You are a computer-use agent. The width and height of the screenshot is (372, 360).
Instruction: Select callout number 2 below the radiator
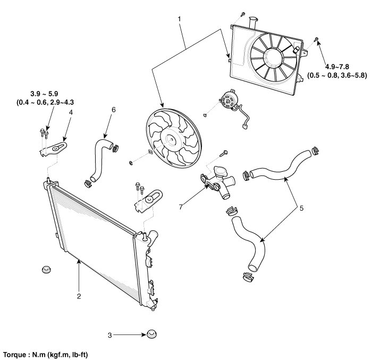coord(79,296)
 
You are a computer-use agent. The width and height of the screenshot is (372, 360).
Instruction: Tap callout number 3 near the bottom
coord(110,335)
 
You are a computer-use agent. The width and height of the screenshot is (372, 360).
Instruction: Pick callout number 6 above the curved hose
coord(113,110)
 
